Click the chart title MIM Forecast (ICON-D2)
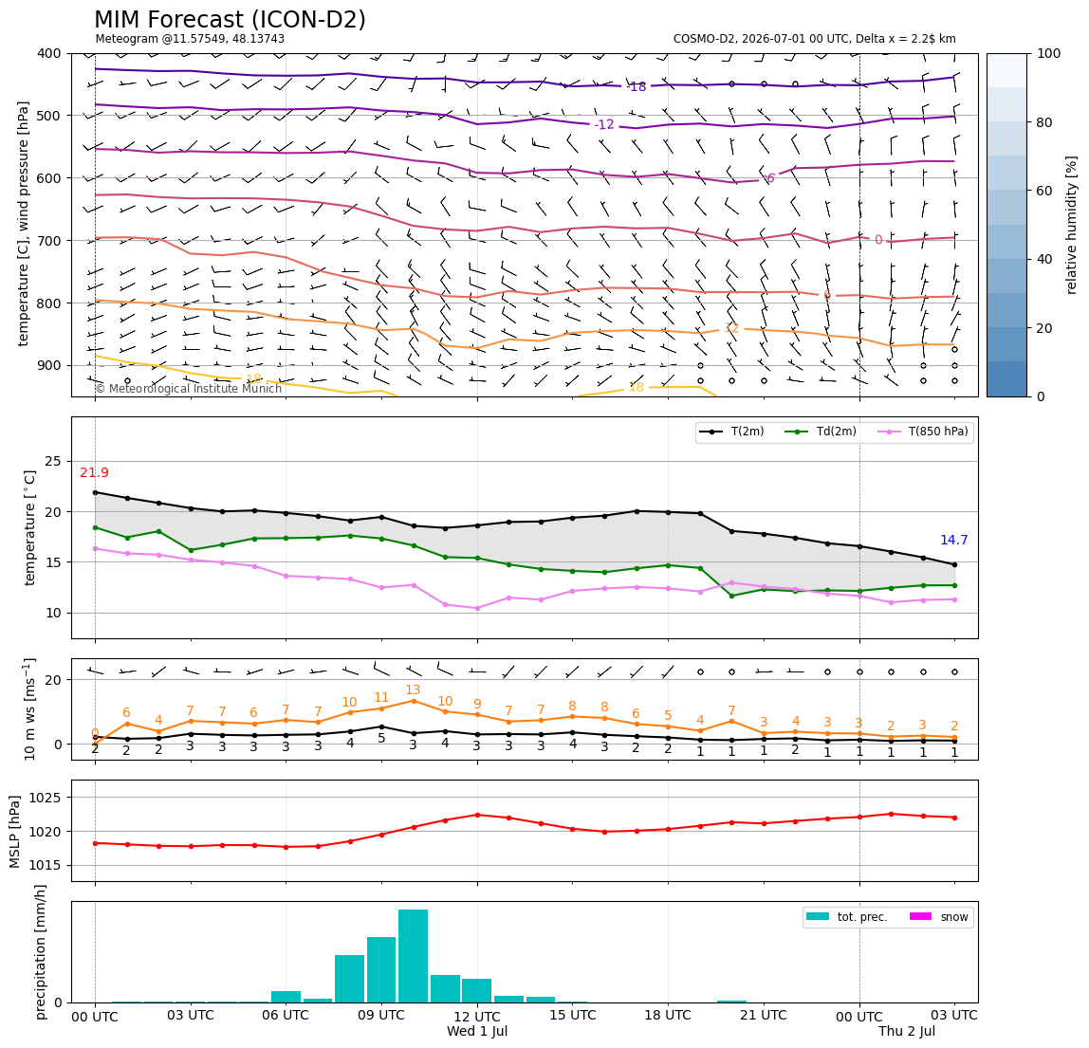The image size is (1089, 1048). [230, 19]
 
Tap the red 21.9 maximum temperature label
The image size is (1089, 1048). [95, 473]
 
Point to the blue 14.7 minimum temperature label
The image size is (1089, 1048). [953, 541]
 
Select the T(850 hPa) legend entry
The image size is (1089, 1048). [924, 432]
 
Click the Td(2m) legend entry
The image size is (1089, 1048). [821, 432]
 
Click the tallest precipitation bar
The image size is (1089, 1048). [414, 956]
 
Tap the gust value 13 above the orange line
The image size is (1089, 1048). [414, 689]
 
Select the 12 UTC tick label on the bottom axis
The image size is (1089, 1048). [477, 1016]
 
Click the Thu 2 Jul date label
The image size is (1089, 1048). [906, 1031]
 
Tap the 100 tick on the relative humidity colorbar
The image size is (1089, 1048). [1049, 53]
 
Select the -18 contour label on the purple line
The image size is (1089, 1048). [637, 87]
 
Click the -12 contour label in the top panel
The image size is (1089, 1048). [604, 124]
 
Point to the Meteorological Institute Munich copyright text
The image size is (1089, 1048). [188, 388]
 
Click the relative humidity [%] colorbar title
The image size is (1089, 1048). [1072, 225]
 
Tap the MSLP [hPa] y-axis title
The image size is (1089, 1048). [15, 831]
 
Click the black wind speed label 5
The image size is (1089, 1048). [381, 738]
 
